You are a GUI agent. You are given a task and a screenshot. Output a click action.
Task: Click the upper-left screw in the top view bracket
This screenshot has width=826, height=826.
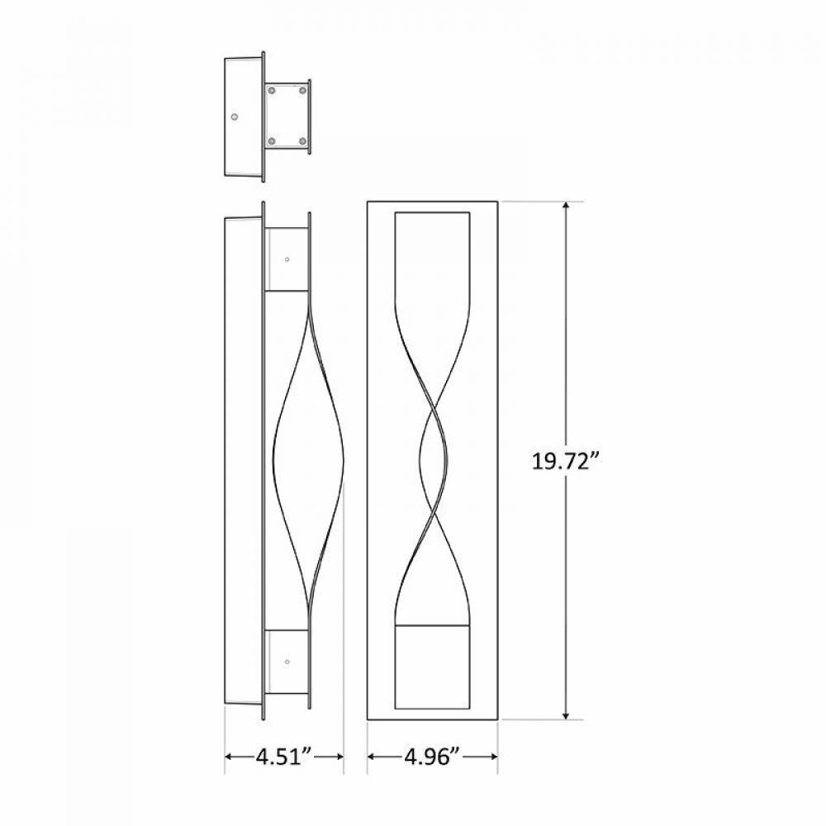[x=271, y=89]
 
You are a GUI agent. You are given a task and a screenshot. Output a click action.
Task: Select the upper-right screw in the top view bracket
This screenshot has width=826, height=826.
[x=302, y=89]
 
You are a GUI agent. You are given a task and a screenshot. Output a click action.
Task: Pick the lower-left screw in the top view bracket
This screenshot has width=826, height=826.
[x=271, y=142]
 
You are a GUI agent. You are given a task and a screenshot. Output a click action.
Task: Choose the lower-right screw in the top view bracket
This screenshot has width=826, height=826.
[x=302, y=142]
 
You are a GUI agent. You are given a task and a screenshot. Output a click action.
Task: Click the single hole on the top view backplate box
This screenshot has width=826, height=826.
[x=235, y=116]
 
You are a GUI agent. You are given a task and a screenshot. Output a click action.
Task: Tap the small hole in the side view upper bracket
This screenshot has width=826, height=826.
[x=287, y=259]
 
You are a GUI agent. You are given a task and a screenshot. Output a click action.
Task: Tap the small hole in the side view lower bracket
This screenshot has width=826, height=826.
[x=287, y=661]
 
